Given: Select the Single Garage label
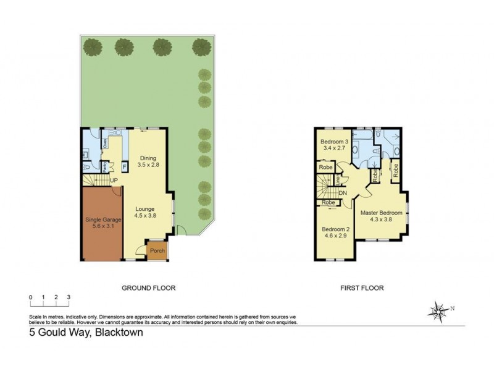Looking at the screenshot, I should pos(103,220).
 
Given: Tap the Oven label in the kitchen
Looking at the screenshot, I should pos(106,142).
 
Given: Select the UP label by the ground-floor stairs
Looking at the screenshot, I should pos(114,181).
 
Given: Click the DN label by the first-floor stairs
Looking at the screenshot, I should pos(342,192).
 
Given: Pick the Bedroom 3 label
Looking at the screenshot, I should pos(335,142).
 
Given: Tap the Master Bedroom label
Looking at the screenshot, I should pos(382,213).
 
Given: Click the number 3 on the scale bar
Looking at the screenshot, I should pos(69,297).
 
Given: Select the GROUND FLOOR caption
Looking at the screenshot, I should pos(149,288).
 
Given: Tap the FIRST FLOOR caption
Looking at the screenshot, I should pos(362,288).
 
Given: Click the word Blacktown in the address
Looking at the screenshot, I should pos(117,332).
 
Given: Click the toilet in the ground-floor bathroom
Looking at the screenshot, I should pos(87,166).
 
